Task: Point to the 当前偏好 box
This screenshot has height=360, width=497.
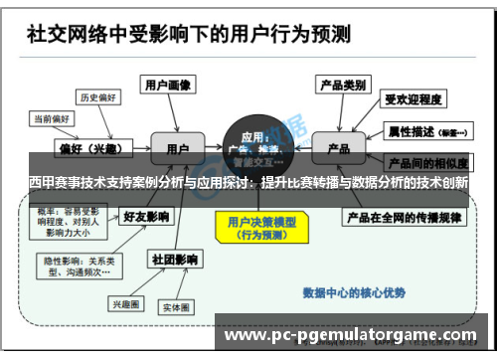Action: pos(54,118)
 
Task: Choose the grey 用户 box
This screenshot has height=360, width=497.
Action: pos(178,148)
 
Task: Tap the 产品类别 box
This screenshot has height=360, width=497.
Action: pos(344,85)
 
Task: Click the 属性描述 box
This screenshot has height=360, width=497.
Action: pos(417,130)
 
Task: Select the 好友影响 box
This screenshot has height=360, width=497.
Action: pos(144,215)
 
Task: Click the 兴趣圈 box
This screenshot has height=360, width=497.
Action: pos(127,303)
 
